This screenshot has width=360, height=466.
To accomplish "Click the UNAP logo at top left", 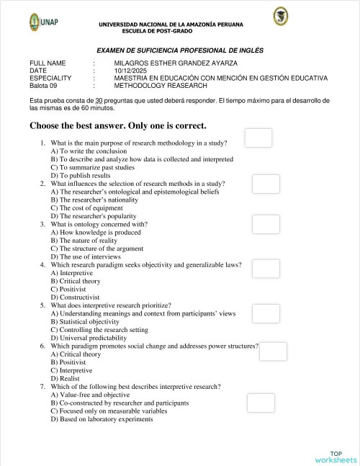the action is click(x=45, y=22).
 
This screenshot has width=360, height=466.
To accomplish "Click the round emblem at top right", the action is click(x=281, y=17).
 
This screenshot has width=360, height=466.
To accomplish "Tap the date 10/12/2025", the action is click(x=130, y=71).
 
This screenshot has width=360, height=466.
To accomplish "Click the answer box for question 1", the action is click(x=258, y=138).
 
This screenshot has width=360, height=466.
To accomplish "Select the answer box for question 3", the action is click(x=266, y=224).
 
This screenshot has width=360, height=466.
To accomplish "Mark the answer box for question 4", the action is click(x=266, y=269).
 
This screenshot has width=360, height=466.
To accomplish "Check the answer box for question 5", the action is click(x=266, y=312).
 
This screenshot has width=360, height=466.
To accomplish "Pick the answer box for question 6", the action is click(x=273, y=351).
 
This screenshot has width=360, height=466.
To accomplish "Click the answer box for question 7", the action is click(x=261, y=403).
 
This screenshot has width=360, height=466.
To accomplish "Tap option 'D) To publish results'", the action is click(x=81, y=175).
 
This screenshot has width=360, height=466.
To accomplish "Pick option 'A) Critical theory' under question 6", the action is click(x=76, y=354).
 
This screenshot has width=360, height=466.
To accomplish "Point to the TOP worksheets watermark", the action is click(x=335, y=457).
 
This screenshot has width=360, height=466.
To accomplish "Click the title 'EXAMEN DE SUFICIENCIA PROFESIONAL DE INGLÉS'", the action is click(x=180, y=50).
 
